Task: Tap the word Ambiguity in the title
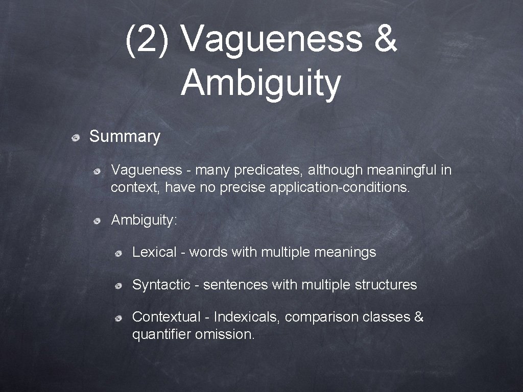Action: [260, 83]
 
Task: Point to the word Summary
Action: [125, 136]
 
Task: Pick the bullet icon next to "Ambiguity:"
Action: [97, 221]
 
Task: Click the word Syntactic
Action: [161, 285]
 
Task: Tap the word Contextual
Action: [166, 317]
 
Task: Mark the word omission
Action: [225, 335]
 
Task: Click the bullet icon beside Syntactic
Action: [118, 286]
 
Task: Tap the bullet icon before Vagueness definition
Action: [97, 171]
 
